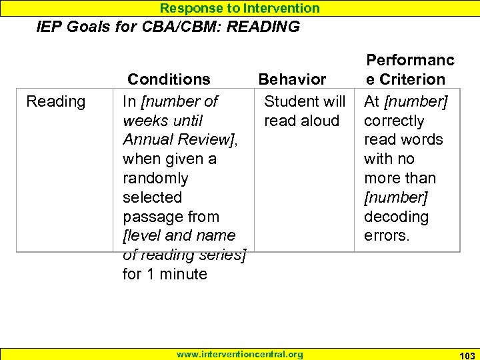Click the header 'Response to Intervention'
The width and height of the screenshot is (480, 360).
[x=240, y=8]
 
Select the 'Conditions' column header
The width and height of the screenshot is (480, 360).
[x=169, y=79]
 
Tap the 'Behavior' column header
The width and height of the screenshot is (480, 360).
[x=292, y=79]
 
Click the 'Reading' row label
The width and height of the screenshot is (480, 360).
[x=55, y=101]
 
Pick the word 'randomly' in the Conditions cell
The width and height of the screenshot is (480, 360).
[x=155, y=179]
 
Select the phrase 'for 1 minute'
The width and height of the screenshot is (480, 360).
[x=165, y=274]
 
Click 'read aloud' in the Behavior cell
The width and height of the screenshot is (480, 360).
[x=301, y=121]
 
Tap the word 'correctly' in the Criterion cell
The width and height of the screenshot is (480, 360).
[x=394, y=121]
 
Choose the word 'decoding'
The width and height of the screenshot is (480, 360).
[x=396, y=217]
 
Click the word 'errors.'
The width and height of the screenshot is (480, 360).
[x=387, y=236]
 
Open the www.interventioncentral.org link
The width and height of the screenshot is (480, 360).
[x=239, y=354]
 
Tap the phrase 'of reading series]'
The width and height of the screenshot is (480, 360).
[x=185, y=255]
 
